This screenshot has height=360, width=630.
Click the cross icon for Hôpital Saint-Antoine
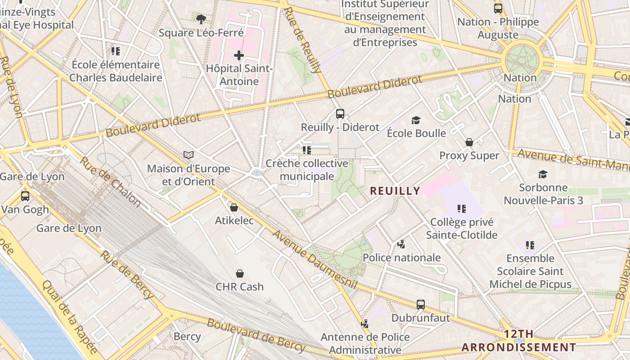click(x=239, y=56)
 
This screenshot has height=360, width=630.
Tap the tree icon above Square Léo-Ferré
click(x=201, y=19)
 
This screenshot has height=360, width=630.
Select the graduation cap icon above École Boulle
click(x=416, y=120)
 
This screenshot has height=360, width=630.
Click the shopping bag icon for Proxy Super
click(x=469, y=142)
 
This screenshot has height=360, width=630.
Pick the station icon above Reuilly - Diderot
click(x=340, y=114)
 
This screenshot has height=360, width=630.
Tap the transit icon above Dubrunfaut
click(x=421, y=305)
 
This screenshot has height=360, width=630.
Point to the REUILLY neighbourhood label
click(x=395, y=191)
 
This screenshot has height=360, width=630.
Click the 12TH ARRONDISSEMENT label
click(x=519, y=341)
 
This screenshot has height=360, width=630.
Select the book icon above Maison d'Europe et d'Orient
click(x=189, y=155)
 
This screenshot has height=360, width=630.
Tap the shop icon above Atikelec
click(x=234, y=207)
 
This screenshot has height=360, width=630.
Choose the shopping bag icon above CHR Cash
click(x=240, y=274)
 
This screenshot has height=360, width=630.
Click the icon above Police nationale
click(x=401, y=244)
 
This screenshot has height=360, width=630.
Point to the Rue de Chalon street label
click(x=110, y=182)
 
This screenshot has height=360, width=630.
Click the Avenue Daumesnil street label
click(x=315, y=261)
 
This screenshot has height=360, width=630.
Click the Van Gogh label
click(x=25, y=210)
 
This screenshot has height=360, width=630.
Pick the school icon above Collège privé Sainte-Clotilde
click(x=461, y=209)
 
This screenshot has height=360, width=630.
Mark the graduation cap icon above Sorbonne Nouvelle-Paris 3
click(x=543, y=174)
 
